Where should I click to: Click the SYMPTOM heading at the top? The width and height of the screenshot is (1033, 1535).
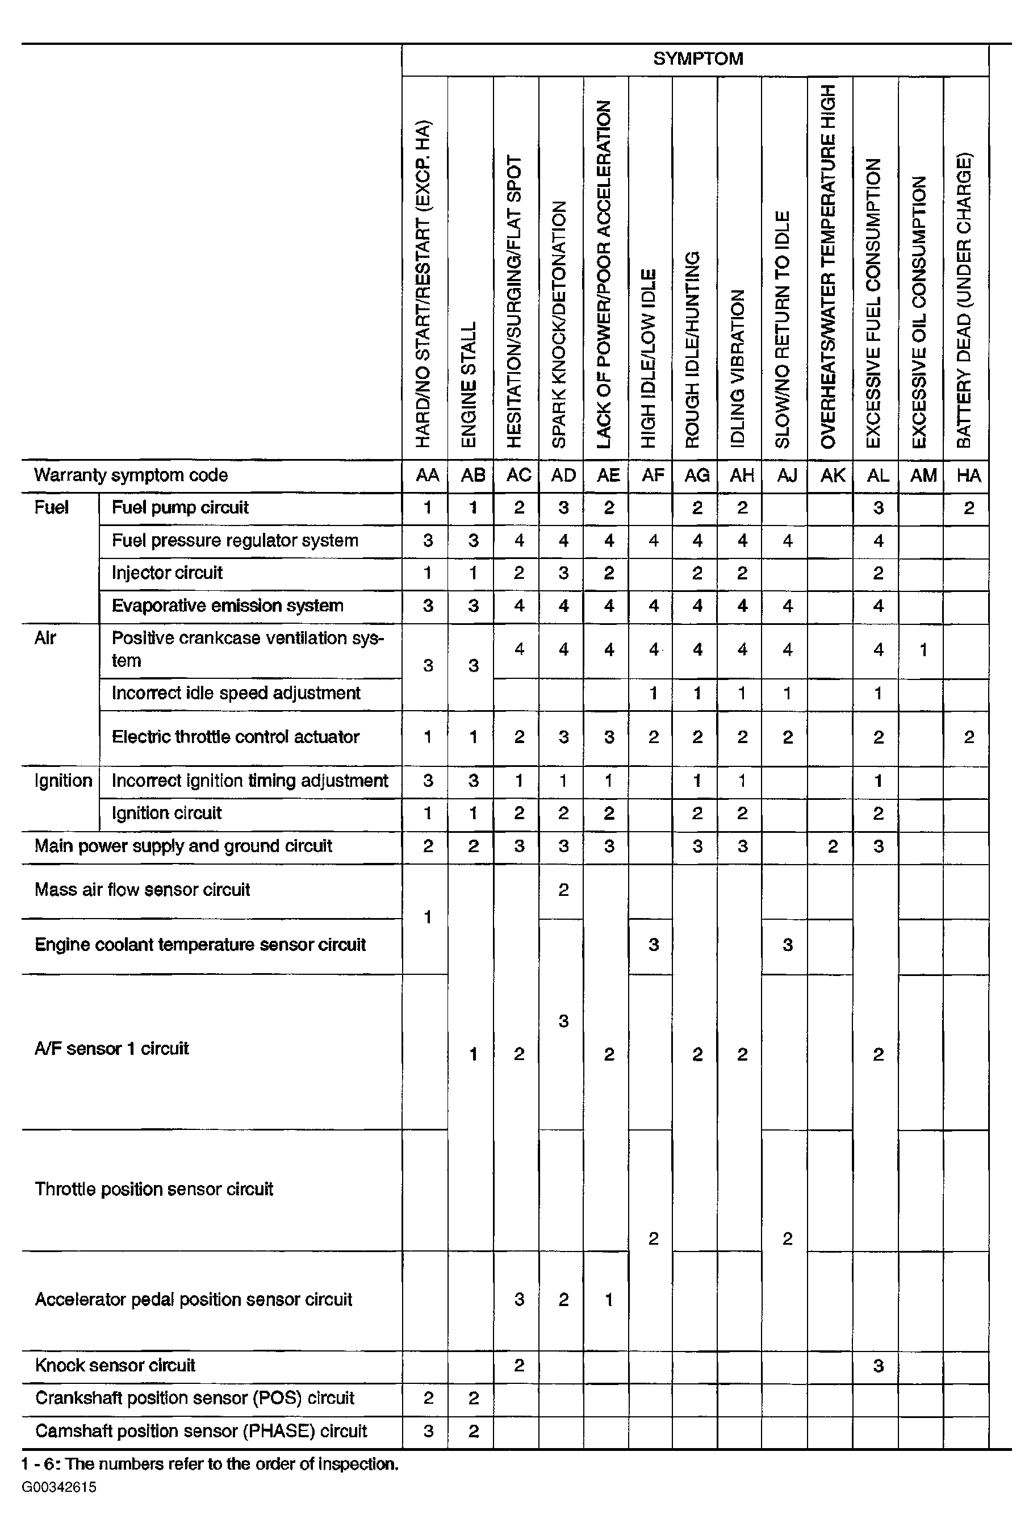pyautogui.click(x=698, y=59)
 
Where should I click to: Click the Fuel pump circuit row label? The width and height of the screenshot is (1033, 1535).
pyautogui.click(x=180, y=508)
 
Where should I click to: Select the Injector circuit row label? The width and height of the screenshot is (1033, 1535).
pyautogui.click(x=166, y=573)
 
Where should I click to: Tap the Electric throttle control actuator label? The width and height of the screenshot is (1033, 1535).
pyautogui.click(x=235, y=737)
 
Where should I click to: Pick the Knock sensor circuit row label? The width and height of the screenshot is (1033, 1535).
pyautogui.click(x=115, y=1366)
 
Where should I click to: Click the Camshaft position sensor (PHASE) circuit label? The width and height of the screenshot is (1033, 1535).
pyautogui.click(x=201, y=1432)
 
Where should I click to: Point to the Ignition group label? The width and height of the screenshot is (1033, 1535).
pyautogui.click(x=62, y=781)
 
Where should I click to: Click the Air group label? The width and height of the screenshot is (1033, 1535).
pyautogui.click(x=45, y=639)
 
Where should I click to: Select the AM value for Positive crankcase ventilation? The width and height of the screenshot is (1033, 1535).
pyautogui.click(x=923, y=650)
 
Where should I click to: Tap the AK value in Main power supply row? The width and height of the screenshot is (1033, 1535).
pyautogui.click(x=833, y=847)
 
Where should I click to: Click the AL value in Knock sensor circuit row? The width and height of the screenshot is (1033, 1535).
pyautogui.click(x=877, y=1366)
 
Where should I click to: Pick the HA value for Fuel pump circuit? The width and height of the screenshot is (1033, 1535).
pyautogui.click(x=968, y=508)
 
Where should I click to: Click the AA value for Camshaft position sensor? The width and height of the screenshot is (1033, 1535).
pyautogui.click(x=428, y=1432)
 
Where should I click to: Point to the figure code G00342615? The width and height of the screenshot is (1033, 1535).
pyautogui.click(x=58, y=1487)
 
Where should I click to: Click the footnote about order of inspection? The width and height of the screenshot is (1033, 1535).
pyautogui.click(x=210, y=1465)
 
